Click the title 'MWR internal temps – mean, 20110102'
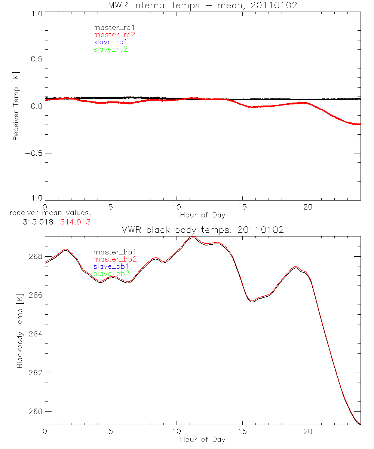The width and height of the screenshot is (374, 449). (x=202, y=6)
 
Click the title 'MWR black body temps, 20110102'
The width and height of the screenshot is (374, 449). (x=202, y=230)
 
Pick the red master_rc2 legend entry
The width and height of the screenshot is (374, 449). (x=114, y=34)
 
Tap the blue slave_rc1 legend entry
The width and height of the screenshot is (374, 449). (x=110, y=42)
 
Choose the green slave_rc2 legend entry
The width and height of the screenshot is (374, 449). (x=110, y=49)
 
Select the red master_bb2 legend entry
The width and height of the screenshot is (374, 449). (x=114, y=259)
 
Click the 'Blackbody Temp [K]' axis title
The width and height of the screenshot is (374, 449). (x=19, y=330)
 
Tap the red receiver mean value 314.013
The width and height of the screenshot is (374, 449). (x=75, y=222)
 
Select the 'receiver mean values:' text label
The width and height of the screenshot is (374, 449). (x=50, y=214)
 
